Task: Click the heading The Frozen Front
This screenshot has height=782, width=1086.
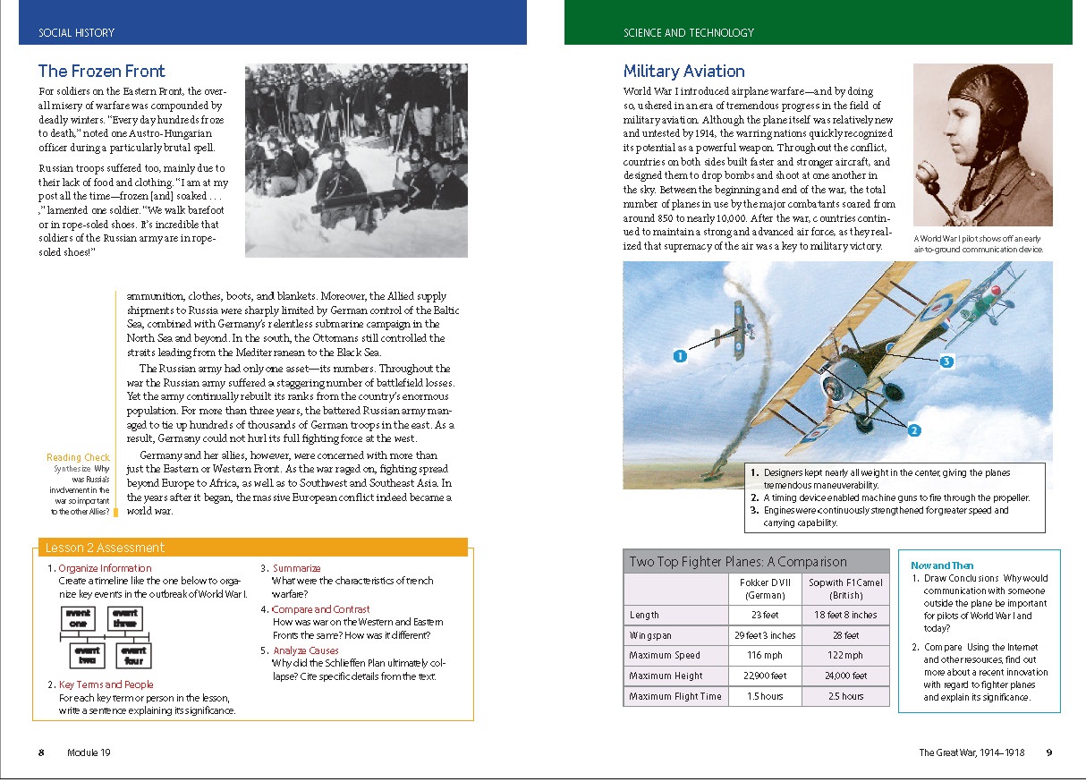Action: (101, 72)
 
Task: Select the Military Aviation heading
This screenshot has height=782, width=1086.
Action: (683, 72)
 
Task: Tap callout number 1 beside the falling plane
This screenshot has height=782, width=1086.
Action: (680, 356)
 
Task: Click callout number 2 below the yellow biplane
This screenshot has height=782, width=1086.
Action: (913, 430)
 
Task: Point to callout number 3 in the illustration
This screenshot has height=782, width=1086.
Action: (946, 361)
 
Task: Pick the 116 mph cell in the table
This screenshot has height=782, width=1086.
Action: (765, 656)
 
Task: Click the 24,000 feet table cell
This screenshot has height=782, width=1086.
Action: (845, 676)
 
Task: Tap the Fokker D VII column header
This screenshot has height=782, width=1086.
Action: (765, 588)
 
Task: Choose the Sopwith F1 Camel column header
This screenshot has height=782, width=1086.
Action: (845, 588)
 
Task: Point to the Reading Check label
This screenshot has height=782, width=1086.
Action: (78, 458)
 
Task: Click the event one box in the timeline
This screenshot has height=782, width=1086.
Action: (78, 618)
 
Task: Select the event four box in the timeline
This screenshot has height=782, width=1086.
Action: (134, 655)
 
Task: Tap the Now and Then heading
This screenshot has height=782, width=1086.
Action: (942, 565)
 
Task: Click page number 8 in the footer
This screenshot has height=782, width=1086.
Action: (41, 752)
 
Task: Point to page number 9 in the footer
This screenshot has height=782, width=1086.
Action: (1049, 752)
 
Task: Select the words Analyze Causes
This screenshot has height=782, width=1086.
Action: (306, 650)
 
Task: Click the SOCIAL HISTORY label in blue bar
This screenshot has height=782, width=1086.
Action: (77, 33)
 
